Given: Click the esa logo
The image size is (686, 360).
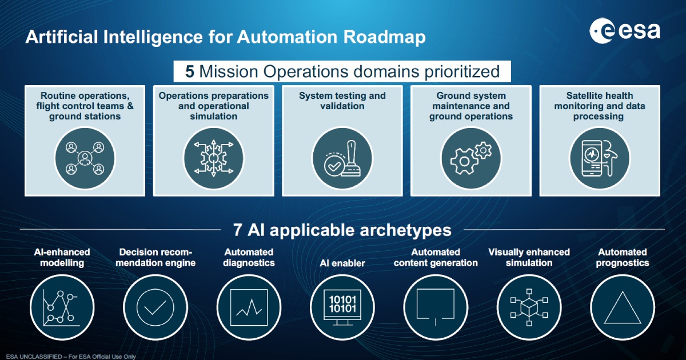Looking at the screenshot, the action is (625, 31).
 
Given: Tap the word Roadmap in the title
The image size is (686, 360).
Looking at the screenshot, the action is (384, 37).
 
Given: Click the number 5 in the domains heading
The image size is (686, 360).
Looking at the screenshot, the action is (190, 71).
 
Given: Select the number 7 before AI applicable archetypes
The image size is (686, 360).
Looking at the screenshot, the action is (237, 230).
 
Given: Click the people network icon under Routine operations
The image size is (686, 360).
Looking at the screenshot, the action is (85, 158).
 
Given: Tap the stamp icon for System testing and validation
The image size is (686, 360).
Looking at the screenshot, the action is (342, 158).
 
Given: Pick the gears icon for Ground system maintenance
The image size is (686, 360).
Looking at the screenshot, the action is (470, 158).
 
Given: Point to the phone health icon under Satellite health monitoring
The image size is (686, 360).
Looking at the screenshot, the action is (599, 158).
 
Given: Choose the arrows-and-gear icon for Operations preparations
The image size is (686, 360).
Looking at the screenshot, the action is (213, 158).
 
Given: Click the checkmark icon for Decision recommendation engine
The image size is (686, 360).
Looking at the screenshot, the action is (155, 307).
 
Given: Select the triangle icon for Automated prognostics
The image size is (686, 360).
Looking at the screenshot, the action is (623, 307).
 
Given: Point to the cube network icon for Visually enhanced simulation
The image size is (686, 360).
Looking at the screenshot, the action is (529, 307).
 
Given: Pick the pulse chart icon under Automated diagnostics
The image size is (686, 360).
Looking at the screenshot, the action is (249, 307).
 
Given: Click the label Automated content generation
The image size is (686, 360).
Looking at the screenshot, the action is (436, 258).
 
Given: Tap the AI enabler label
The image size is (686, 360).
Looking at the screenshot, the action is (342, 263).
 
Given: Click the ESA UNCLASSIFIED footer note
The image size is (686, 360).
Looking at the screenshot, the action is (71, 357).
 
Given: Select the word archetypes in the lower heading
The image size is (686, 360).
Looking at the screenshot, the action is (405, 230).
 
